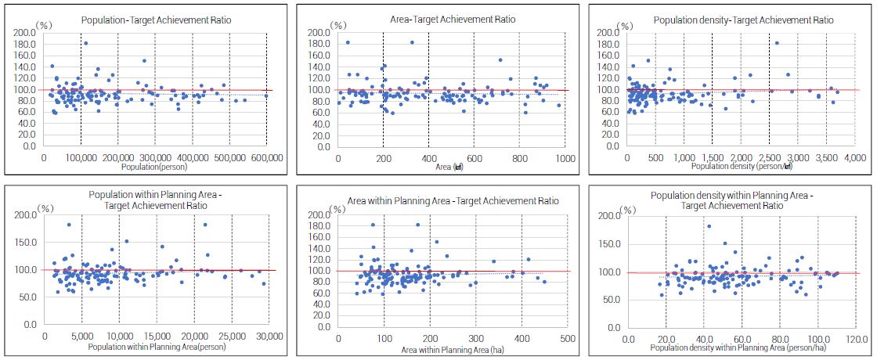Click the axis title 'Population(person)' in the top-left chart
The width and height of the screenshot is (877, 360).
coord(154,167)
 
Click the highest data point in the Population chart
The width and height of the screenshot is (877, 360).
coord(85,43)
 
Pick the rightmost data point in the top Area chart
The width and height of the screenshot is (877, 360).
coord(558,105)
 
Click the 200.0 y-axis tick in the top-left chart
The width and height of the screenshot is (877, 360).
coord(25,33)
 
